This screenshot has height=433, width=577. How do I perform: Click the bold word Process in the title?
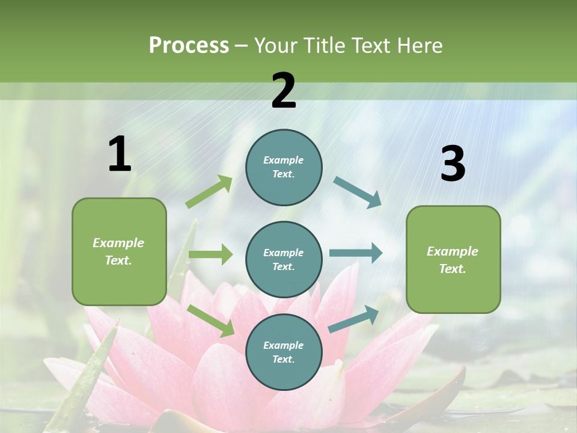(x=189, y=46)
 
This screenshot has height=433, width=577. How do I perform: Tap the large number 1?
(x=120, y=155)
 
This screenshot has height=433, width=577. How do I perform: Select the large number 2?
(x=284, y=91)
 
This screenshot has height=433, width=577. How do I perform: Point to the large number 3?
(x=453, y=164)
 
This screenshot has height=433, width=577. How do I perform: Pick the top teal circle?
(x=284, y=167)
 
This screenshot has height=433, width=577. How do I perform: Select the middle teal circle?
(x=284, y=259)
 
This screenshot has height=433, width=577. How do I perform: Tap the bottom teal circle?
(x=284, y=352)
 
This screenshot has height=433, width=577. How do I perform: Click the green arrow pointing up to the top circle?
(x=209, y=192)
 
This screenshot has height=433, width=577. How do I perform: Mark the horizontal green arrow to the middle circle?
(x=210, y=254)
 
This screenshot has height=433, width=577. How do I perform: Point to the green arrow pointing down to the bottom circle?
(x=211, y=321)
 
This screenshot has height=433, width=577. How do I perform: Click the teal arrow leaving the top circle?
(x=358, y=192)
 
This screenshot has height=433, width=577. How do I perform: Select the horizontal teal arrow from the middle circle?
(x=356, y=253)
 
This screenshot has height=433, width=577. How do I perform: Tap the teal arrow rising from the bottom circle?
(x=354, y=319)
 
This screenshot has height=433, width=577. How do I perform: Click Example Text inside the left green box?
(x=118, y=251)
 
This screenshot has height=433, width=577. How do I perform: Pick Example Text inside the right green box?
(x=453, y=260)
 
